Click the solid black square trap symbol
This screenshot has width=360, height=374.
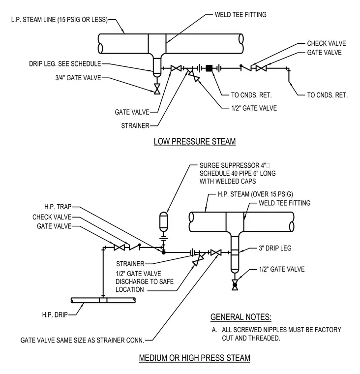coord(209,68)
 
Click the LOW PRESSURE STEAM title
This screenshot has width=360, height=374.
coord(195,141)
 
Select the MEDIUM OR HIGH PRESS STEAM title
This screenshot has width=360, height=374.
coord(195,358)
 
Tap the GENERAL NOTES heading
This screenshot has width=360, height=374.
coord(241,317)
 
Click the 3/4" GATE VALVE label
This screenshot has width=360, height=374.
coord(78,78)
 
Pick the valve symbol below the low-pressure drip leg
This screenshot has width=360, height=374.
coord(157,89)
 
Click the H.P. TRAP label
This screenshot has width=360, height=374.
coord(58,207)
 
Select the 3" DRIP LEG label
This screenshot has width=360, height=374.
coord(275,248)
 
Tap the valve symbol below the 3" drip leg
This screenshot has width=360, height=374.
coord(235,285)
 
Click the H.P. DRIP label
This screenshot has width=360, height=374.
coord(55,315)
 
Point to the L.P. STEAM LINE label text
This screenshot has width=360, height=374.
coord(60,20)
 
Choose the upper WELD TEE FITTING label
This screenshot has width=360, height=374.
coord(240,15)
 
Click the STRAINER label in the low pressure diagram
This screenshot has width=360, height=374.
coord(135,125)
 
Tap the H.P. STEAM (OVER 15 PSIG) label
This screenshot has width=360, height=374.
coord(255,194)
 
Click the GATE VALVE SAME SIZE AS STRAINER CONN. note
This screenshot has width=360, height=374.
coord(82,340)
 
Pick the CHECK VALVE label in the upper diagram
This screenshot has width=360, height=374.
coord(327,43)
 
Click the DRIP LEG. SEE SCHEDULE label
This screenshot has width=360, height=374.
coord(65,64)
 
